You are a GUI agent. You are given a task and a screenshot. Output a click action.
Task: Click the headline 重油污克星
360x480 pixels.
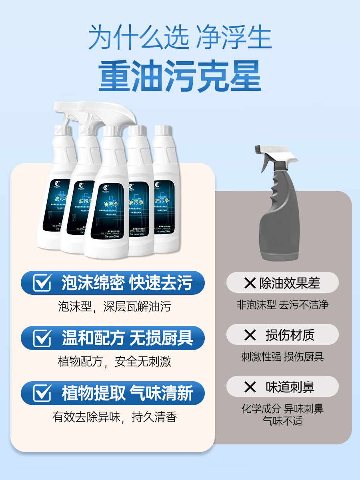click(180, 76)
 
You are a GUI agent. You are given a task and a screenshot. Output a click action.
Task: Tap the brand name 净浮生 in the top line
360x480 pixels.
click(234, 38)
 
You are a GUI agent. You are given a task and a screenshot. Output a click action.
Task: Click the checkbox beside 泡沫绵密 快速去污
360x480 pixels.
click(42, 283)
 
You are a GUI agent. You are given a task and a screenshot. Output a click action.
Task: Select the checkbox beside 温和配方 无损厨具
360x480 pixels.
click(42, 338)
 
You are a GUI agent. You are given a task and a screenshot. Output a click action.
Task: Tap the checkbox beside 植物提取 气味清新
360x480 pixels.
click(42, 393)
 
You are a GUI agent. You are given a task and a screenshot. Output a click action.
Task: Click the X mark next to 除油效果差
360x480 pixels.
click(250, 284)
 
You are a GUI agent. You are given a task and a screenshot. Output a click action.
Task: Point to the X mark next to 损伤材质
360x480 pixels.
click(250, 335)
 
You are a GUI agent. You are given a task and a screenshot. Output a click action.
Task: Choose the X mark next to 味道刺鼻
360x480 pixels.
click(250, 387)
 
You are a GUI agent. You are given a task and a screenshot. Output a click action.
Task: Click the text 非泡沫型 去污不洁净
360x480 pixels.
click(282, 305)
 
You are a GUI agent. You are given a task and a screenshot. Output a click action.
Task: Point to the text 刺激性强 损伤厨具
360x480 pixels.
click(282, 356)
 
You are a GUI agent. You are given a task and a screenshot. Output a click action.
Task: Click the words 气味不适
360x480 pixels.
click(282, 420)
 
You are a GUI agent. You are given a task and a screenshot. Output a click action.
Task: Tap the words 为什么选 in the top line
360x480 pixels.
click(138, 38)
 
